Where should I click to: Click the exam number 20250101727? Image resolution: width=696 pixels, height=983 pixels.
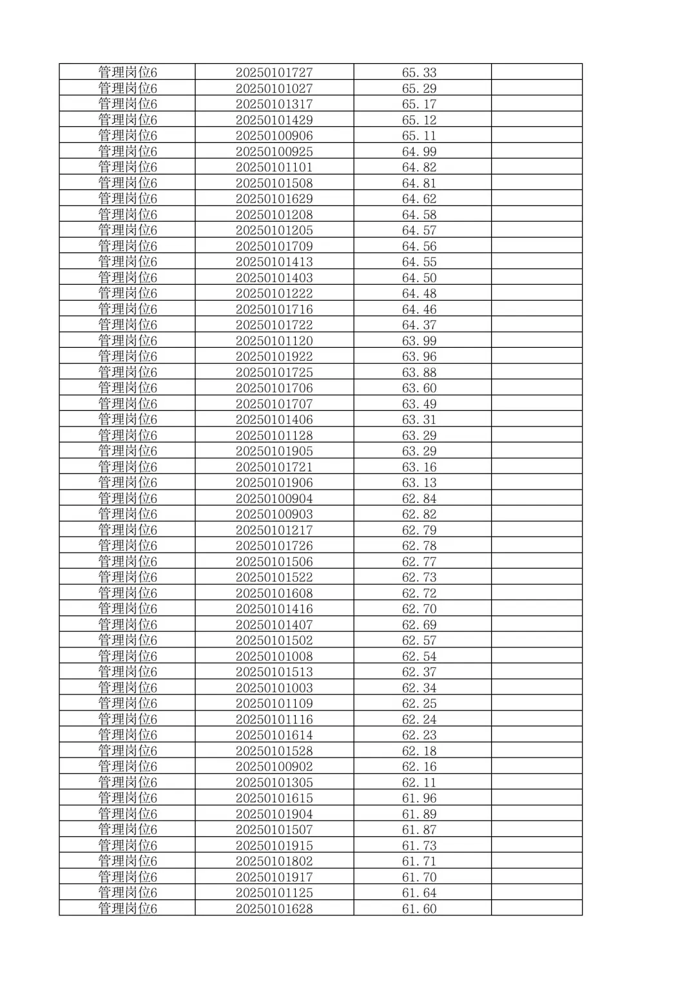coord(274,72)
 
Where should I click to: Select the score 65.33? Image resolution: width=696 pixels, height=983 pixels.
coord(419,72)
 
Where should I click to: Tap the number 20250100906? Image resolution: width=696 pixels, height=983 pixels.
coord(274,135)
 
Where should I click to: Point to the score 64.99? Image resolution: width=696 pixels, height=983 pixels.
coord(419,151)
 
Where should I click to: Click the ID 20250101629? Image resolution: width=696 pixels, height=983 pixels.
coord(274,198)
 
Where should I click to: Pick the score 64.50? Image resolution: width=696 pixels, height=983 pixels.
coord(419,278)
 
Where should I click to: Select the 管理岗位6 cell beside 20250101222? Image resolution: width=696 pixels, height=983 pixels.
coord(128,293)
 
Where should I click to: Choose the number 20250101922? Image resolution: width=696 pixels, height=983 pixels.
coord(274,356)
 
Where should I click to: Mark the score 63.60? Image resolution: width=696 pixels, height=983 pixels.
coord(419,388)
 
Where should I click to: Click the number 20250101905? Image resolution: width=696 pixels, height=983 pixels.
coord(274,451)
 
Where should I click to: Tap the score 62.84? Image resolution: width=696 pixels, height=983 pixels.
coord(419,499)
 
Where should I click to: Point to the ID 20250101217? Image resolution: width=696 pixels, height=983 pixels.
coord(274,530)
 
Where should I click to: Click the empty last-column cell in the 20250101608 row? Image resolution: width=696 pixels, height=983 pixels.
coord(536,593)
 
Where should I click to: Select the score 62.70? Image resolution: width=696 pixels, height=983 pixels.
coord(419,609)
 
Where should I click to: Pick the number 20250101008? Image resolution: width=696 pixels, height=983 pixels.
coord(274,656)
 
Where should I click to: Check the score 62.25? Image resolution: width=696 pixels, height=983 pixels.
coord(419,703)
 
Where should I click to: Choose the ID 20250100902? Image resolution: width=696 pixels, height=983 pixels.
coord(274,767)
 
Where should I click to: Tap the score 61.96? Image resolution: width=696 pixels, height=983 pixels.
coord(419,798)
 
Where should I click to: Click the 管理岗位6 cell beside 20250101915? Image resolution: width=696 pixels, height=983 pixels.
coord(128,845)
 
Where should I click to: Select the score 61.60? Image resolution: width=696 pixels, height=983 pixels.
coord(419,908)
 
